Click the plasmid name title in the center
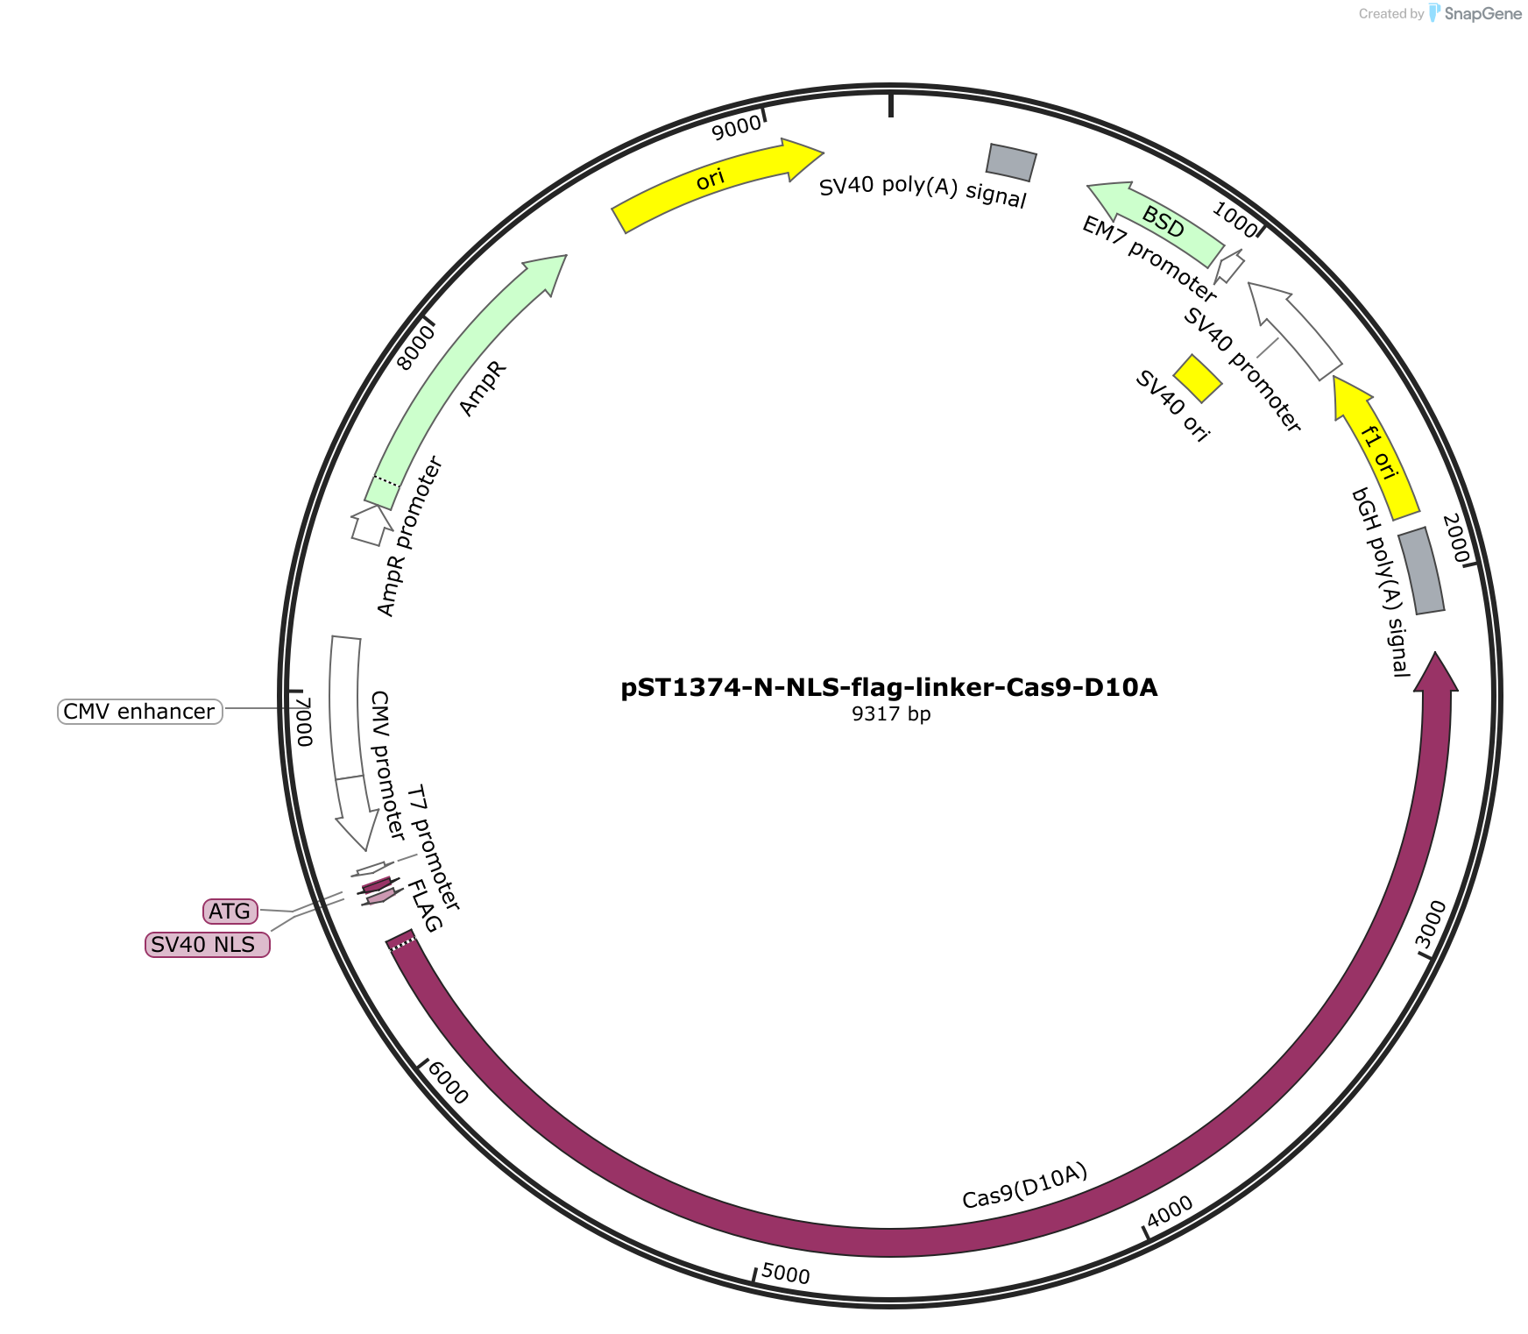[889, 688]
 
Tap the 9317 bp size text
[891, 714]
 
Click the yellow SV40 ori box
[1198, 379]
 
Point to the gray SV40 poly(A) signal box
[1012, 162]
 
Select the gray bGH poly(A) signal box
[1421, 571]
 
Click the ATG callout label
[230, 912]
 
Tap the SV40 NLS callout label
[208, 945]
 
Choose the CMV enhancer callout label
[140, 711]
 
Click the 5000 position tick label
[786, 1274]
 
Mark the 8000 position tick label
[415, 347]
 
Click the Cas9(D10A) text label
[1025, 1186]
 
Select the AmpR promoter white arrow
[371, 525]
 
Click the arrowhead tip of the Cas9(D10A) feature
[1436, 653]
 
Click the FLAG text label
[425, 907]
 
